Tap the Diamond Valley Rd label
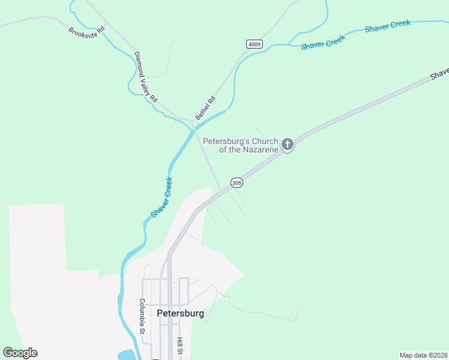145,76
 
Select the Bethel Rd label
205,107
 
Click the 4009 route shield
255,44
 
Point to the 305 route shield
237,182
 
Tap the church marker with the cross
288,144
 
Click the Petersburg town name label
180,313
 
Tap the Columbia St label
143,316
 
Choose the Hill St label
179,346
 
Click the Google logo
20,353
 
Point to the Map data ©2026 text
423,355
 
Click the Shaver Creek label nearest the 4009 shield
323,42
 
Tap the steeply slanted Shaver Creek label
161,197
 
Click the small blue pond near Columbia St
126,355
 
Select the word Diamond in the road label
140,64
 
